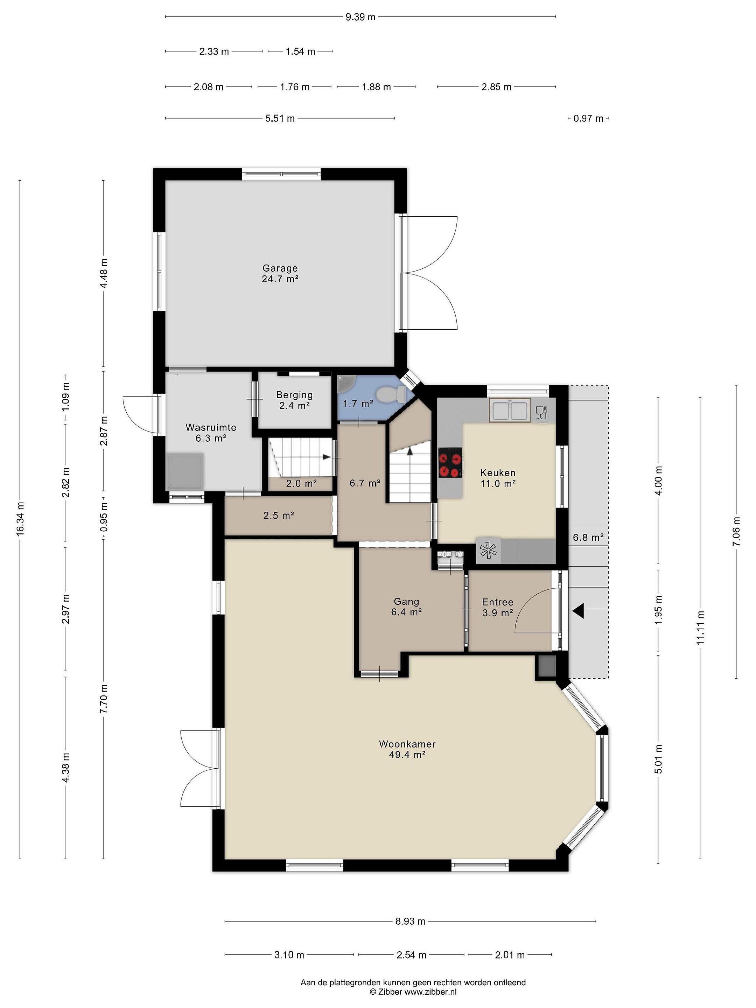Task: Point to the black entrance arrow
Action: point(578,611)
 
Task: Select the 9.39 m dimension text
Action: point(360,17)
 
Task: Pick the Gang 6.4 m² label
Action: point(406,607)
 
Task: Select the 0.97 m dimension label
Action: point(588,119)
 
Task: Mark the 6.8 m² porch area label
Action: point(588,537)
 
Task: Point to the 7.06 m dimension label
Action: point(736,531)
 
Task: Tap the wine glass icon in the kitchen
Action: point(541,412)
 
